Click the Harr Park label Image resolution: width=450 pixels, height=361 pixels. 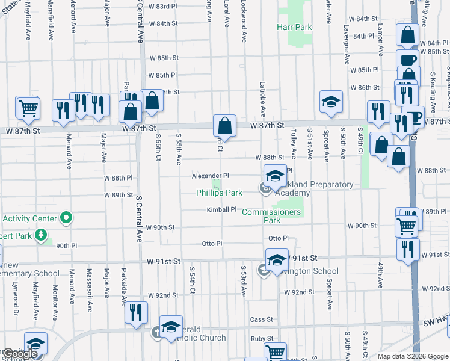pyautogui.click(x=294, y=28)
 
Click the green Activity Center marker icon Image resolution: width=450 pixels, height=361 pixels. pyautogui.click(x=67, y=218)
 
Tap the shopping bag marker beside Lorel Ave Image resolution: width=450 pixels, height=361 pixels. pyautogui.click(x=224, y=127)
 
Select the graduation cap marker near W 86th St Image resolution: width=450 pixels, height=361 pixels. pyautogui.click(x=330, y=102)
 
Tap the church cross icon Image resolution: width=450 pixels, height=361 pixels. pyautogui.click(x=155, y=331)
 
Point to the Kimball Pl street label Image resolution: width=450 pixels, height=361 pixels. pyautogui.click(x=221, y=210)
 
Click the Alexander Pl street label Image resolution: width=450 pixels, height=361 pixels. pyautogui.click(x=210, y=176)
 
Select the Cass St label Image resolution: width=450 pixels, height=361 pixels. pyautogui.click(x=262, y=319)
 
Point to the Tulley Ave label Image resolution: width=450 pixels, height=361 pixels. pyautogui.click(x=293, y=141)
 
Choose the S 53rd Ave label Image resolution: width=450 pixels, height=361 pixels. pyautogui.click(x=244, y=280)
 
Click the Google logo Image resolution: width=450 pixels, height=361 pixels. pyautogui.click(x=20, y=354)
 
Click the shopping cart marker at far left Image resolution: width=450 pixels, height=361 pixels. pyautogui.click(x=28, y=109)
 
